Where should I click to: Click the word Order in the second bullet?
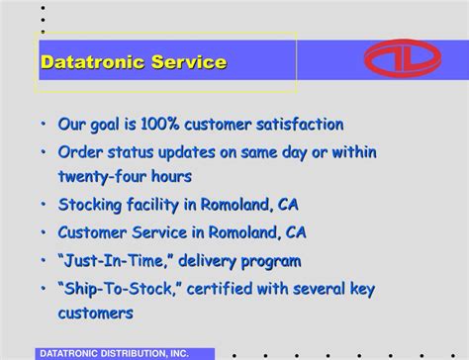tap(81, 152)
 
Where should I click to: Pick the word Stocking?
tap(93, 206)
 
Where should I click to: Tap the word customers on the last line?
tap(95, 313)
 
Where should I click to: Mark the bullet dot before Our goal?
tap(44, 126)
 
